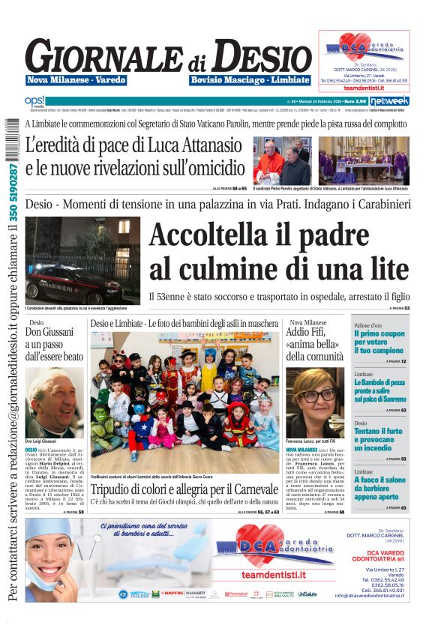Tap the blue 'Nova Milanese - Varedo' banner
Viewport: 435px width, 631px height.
coord(76,80)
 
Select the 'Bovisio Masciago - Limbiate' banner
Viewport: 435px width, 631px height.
coord(250,80)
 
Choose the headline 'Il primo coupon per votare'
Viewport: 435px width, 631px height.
coord(379,341)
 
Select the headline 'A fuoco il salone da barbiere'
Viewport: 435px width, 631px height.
coord(379,488)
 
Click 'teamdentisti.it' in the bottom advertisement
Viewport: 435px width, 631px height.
coord(274,574)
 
